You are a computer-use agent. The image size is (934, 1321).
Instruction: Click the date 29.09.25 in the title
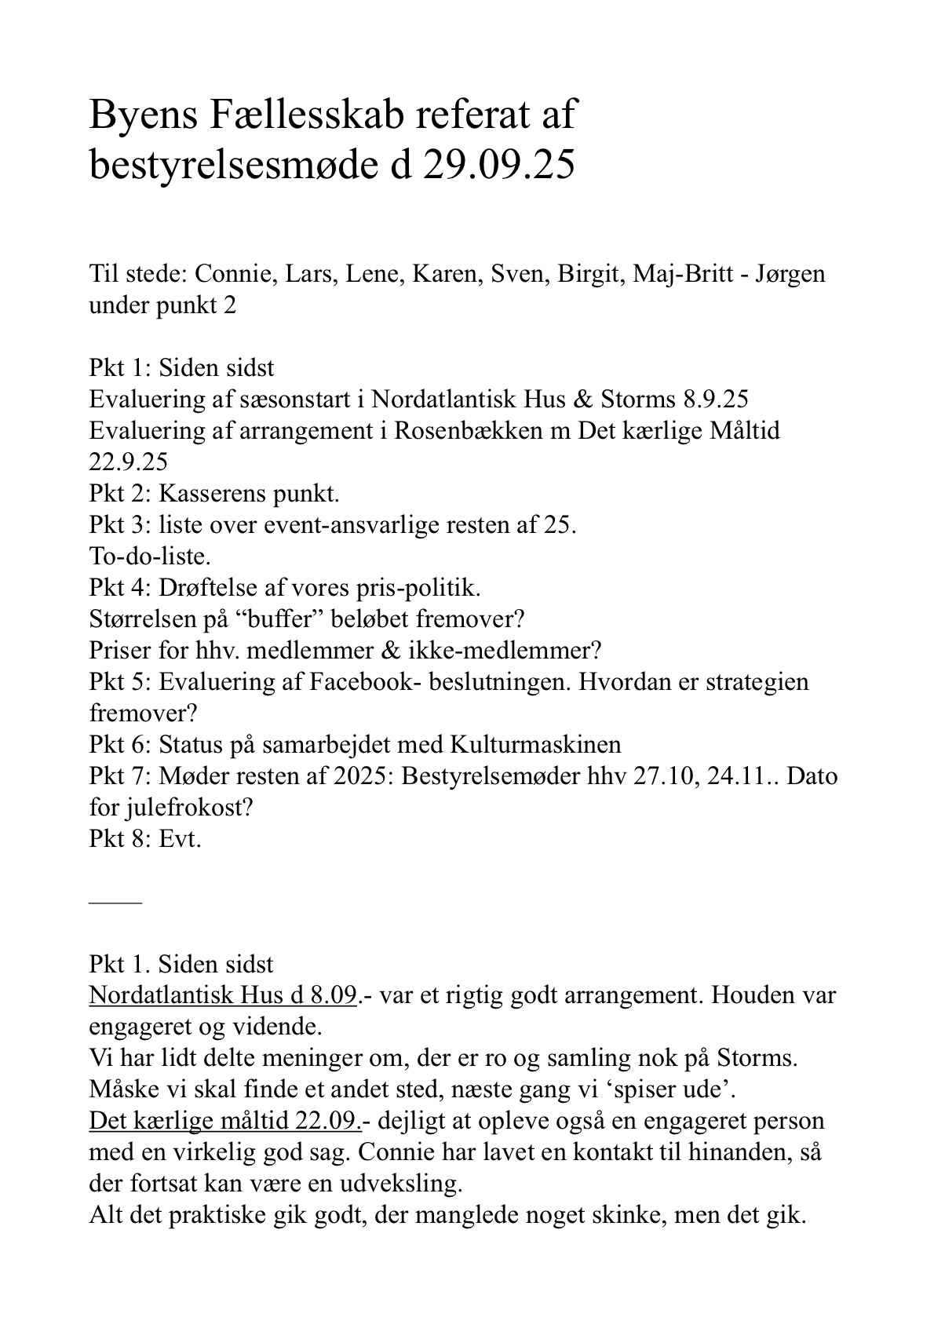[x=498, y=166]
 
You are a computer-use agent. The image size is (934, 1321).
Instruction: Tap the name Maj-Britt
[x=683, y=274]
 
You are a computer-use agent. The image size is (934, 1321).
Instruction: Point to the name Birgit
[x=588, y=274]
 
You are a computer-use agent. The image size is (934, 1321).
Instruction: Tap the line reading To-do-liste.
[x=150, y=556]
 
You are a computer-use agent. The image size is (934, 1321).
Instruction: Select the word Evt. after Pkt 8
[x=181, y=839]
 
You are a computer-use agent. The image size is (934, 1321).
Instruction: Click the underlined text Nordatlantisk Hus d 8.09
[x=223, y=995]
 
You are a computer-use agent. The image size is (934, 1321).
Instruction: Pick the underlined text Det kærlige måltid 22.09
[x=225, y=1121]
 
